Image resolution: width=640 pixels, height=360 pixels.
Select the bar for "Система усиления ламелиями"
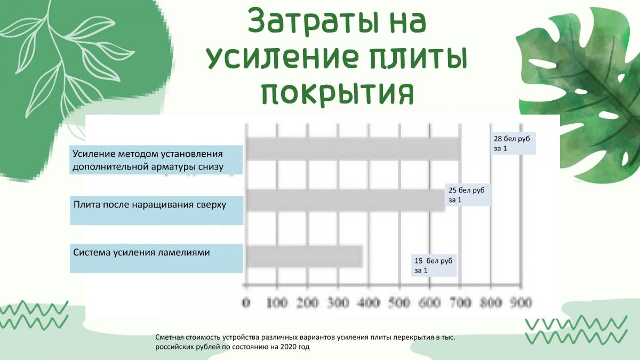[x=305, y=257]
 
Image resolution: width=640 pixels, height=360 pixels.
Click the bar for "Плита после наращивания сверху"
[x=346, y=200]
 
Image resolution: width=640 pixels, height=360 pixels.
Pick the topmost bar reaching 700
[x=354, y=149]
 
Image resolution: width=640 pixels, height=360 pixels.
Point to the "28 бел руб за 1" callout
[x=513, y=143]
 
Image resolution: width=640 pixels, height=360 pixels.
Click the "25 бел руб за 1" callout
[x=468, y=195]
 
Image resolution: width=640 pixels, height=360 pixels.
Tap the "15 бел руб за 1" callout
[x=434, y=265]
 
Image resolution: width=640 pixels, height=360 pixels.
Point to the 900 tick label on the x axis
[x=522, y=302]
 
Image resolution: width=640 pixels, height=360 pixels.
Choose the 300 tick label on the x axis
[x=338, y=302]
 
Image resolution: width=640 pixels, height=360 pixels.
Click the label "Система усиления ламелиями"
[x=141, y=253]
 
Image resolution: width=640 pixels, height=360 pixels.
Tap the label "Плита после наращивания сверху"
[x=150, y=205]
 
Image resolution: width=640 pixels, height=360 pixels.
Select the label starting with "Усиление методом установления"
[x=148, y=160]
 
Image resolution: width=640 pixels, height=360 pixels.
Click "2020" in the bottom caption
[x=288, y=347]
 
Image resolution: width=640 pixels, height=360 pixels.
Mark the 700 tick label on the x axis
[x=460, y=302]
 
